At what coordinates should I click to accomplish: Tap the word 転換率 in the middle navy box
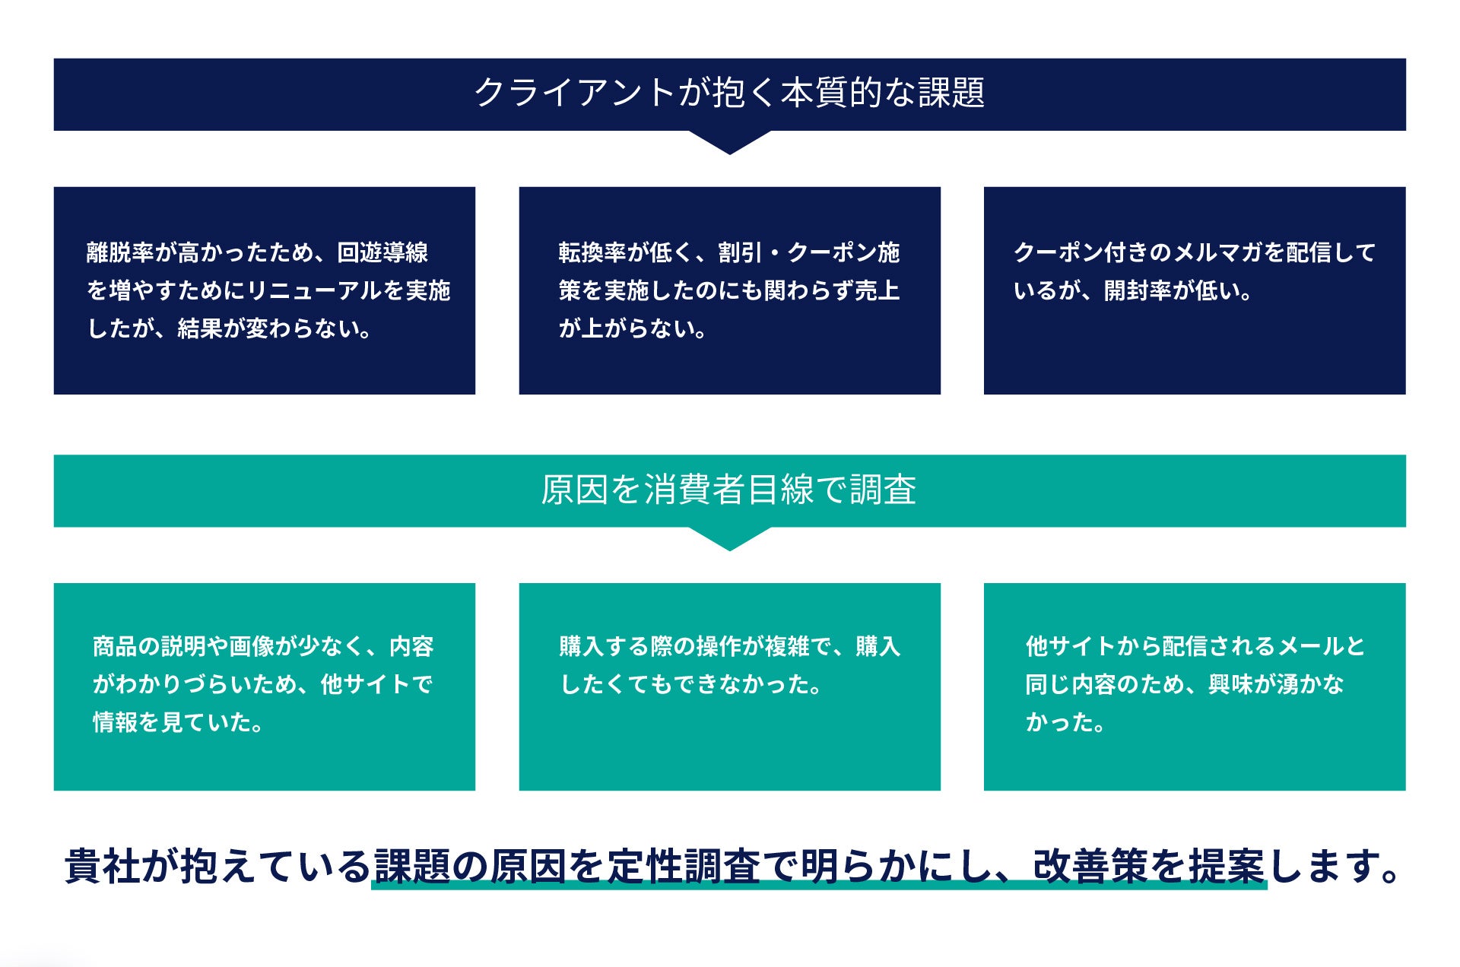pyautogui.click(x=592, y=252)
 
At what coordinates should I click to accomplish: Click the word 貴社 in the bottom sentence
pyautogui.click(x=103, y=866)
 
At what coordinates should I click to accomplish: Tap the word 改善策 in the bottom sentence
pyautogui.click(x=1090, y=866)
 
